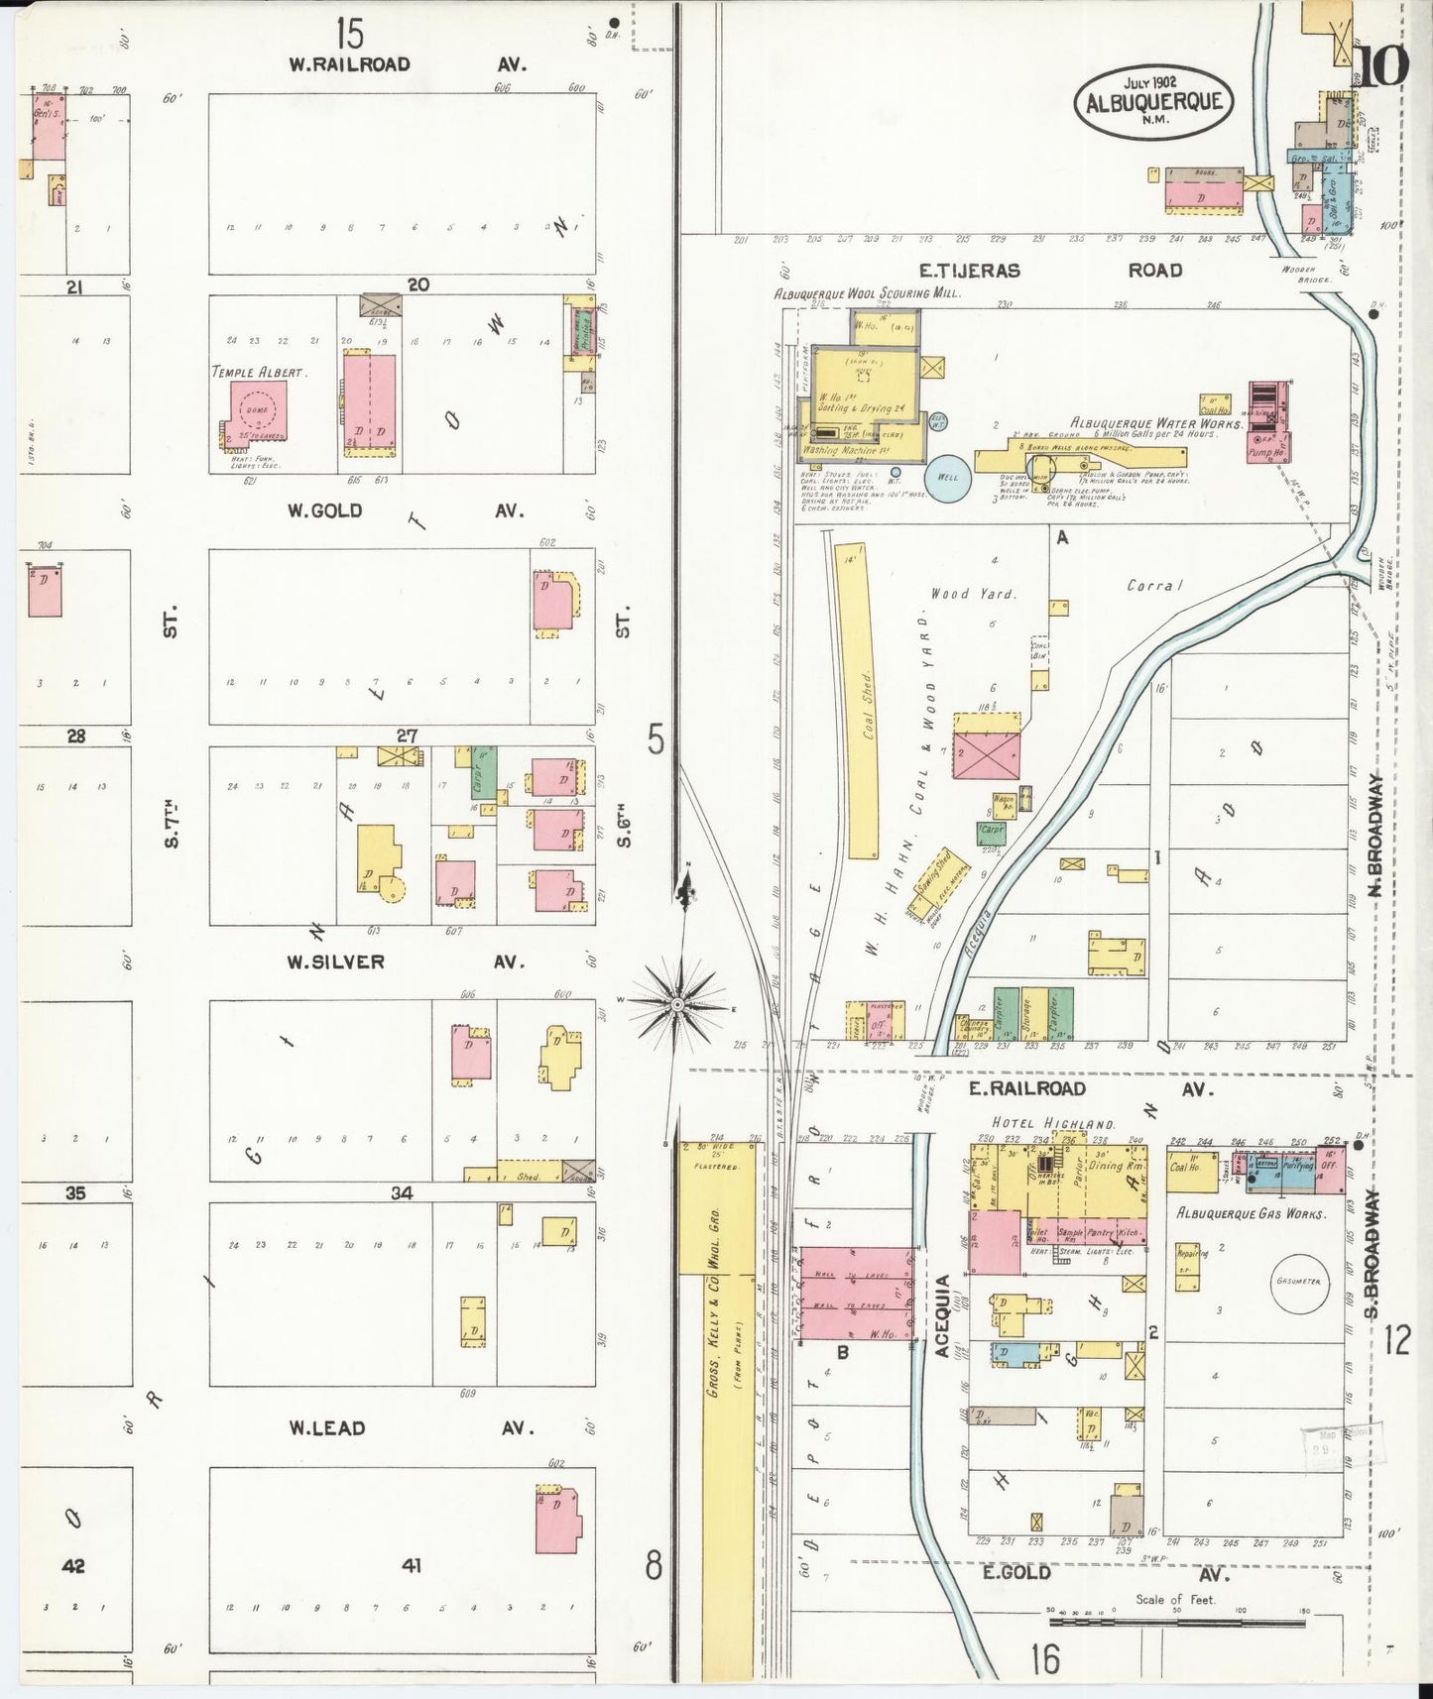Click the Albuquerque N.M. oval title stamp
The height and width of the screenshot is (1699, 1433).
[x=1153, y=101]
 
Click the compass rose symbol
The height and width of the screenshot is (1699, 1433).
[x=676, y=1004]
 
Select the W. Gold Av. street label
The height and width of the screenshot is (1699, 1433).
[x=407, y=510]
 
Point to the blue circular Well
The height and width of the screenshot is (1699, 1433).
[x=947, y=478]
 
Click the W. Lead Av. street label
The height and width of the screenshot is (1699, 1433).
[x=407, y=1428]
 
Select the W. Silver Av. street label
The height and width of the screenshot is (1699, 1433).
[x=407, y=962]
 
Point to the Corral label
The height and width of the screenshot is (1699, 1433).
[x=1155, y=585]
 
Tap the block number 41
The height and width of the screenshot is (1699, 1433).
[x=412, y=1566]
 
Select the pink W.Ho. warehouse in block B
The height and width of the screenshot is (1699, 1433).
[x=856, y=1295]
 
